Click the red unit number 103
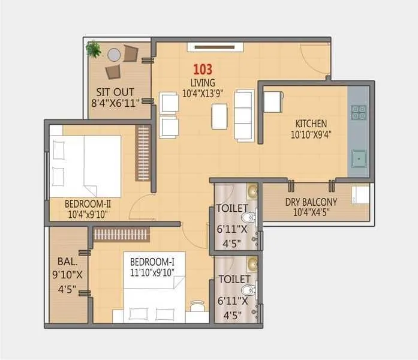point(202,70)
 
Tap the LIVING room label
point(203,82)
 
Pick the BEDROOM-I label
point(152,262)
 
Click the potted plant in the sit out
point(94,49)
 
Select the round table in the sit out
point(114,55)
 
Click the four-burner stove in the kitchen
point(359,112)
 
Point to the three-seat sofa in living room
point(243,115)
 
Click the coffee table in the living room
point(219,116)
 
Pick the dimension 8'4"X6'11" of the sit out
point(115,103)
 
